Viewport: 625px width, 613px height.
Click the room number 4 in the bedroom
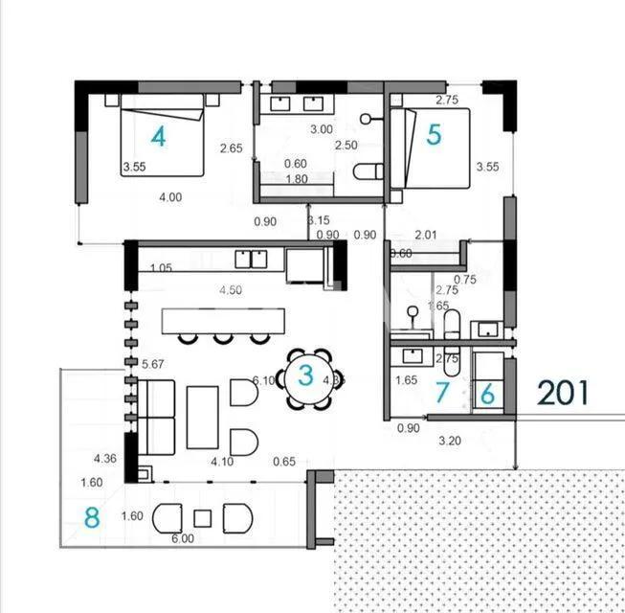pos(159,137)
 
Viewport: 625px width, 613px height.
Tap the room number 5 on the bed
pos(434,135)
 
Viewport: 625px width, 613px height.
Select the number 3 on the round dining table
pos(304,375)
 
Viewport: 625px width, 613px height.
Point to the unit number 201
pos(562,393)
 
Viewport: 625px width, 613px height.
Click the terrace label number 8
pos(92,518)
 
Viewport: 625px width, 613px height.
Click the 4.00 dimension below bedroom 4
pos(170,197)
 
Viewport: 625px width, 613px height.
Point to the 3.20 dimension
pos(450,442)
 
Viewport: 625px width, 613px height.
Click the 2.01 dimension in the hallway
pos(426,234)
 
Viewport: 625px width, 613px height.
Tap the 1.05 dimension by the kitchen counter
pos(160,268)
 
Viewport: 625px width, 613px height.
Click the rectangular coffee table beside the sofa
pos(202,417)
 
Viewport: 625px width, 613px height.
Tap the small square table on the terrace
pos(202,518)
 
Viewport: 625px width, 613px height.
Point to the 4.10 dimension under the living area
pos(223,461)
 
